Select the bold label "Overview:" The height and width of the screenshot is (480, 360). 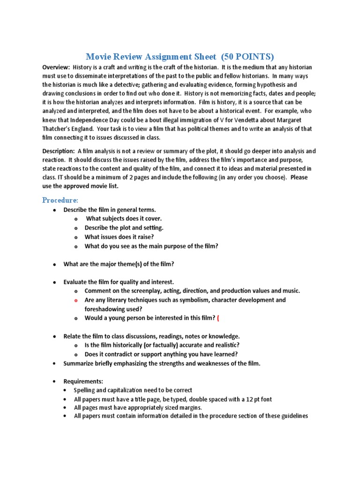(56, 67)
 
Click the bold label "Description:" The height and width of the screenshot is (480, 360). (59, 151)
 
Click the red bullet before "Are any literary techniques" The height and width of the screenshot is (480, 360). (75, 300)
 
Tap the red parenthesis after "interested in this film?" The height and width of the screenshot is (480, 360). (218, 318)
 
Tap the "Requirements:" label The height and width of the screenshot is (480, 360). (83, 382)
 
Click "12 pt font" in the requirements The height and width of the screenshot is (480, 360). (256, 399)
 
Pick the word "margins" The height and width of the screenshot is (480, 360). (189, 408)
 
